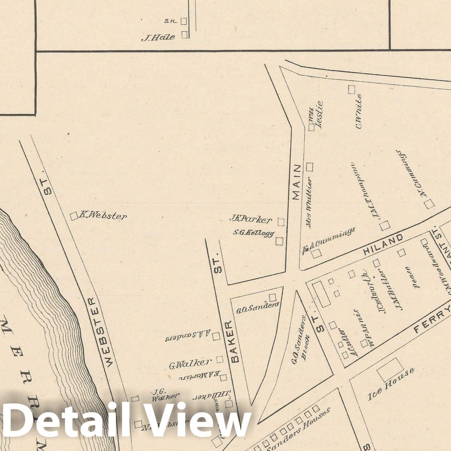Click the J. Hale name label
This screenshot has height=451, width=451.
click(158, 37)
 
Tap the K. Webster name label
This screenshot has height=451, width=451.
click(103, 216)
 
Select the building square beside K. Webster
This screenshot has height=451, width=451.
click(74, 216)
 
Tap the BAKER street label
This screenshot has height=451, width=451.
click(235, 341)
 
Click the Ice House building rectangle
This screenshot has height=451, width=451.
click(390, 370)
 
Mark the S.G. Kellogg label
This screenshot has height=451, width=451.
click(254, 233)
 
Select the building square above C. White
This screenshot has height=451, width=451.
click(352, 90)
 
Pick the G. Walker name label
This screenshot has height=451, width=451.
click(190, 364)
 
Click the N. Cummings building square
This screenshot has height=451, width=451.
click(429, 204)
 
